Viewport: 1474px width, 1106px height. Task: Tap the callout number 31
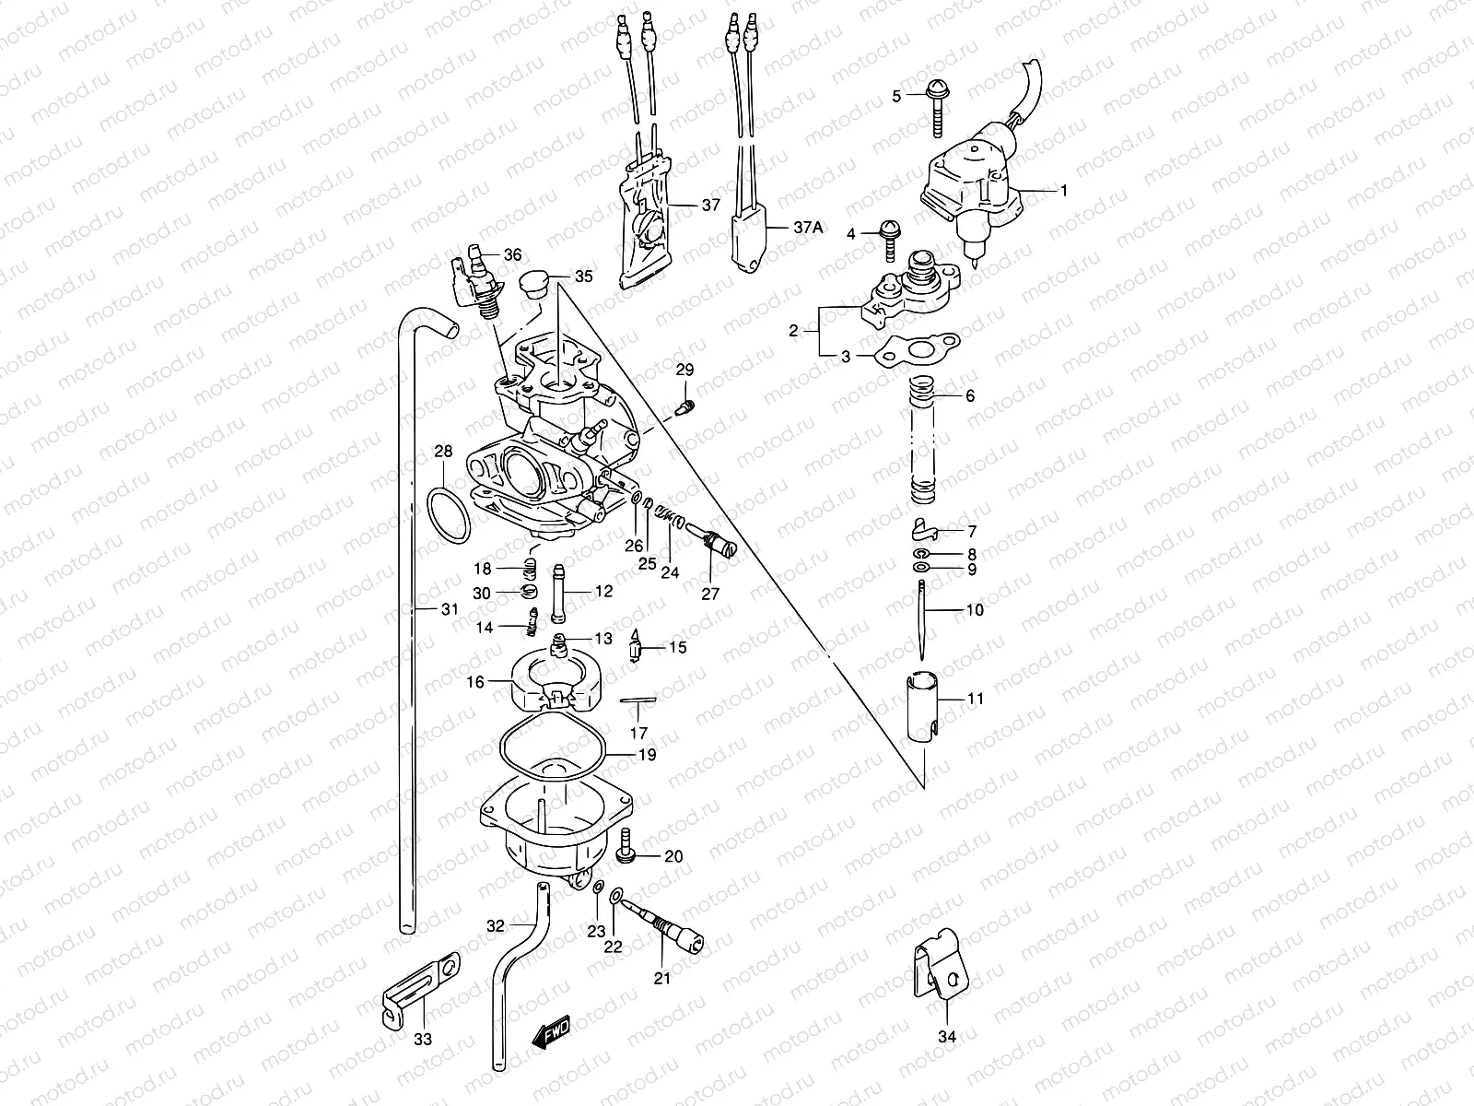[449, 608]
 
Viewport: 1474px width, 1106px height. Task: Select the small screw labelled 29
[685, 406]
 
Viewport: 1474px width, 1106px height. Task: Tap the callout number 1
[1063, 191]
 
